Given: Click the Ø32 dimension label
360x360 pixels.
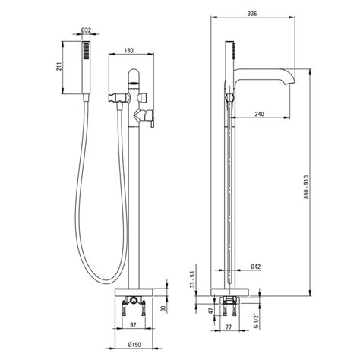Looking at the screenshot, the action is pyautogui.click(x=86, y=30).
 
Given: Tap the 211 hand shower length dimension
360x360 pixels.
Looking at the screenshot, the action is pyautogui.click(x=58, y=67).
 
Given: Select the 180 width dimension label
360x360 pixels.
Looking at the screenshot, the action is pyautogui.click(x=128, y=51).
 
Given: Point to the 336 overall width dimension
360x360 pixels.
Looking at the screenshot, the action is pyautogui.click(x=252, y=14).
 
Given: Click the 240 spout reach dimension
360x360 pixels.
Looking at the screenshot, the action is pyautogui.click(x=259, y=114).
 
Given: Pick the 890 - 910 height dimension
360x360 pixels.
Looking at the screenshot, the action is pyautogui.click(x=307, y=187).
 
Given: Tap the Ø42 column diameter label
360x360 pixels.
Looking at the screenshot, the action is pyautogui.click(x=256, y=267).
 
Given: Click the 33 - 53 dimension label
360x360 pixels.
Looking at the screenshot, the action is pyautogui.click(x=193, y=279).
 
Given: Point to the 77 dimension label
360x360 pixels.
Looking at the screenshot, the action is pyautogui.click(x=229, y=327).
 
